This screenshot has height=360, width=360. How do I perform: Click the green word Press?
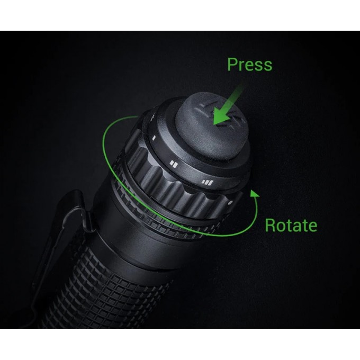249,65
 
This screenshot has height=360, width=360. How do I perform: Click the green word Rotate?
291,226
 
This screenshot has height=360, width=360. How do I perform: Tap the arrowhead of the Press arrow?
218,121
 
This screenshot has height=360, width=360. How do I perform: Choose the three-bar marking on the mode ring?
206,183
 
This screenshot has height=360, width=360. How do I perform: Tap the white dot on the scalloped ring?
230,202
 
